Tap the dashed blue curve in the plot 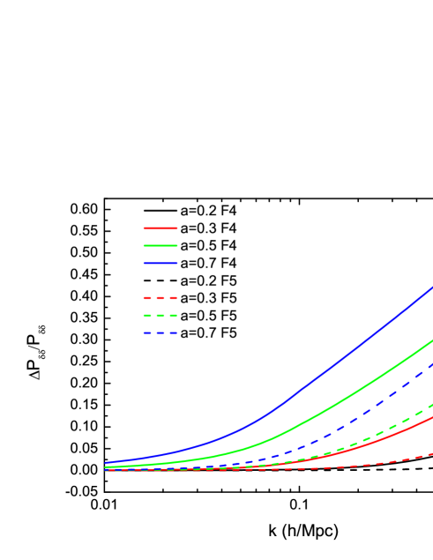coord(370,409)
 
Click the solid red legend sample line coord(161,228)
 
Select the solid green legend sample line coord(161,245)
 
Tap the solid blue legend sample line coord(161,263)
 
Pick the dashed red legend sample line coord(161,298)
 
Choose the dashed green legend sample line coord(161,316)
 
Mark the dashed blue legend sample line coord(161,333)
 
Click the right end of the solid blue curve coord(432,287)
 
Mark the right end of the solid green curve coord(432,340)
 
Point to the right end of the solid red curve coord(432,417)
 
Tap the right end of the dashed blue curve coord(432,362)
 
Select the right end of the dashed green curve coord(432,404)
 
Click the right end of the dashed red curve coord(432,453)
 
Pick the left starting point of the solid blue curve coord(105,462)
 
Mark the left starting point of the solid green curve coord(105,467)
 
